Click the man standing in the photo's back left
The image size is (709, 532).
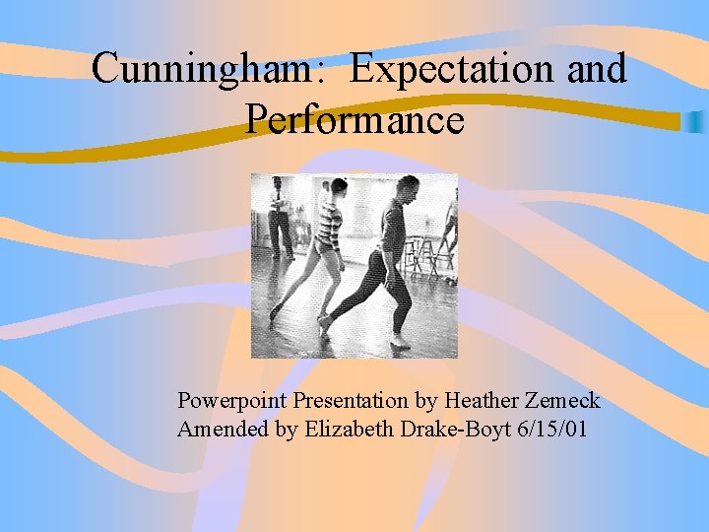[280, 217]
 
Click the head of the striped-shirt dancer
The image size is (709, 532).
[338, 187]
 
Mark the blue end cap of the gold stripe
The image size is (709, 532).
[695, 122]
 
